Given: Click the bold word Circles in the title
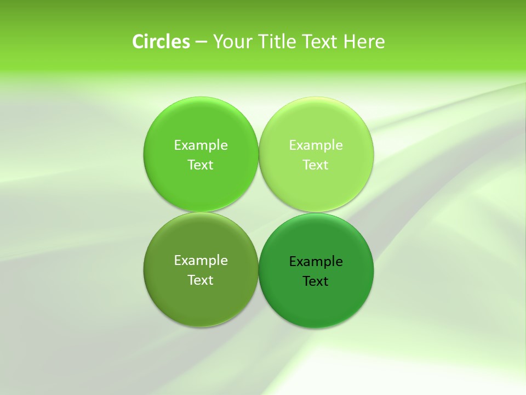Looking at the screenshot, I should click(161, 42).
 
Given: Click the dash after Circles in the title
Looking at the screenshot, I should click(201, 42).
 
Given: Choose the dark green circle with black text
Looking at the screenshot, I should click(316, 304).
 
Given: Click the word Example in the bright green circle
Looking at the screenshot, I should click(201, 145).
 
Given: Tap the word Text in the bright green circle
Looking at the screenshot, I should click(201, 165).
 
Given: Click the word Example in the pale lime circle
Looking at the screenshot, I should click(316, 145).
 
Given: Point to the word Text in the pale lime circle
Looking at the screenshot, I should click(316, 165).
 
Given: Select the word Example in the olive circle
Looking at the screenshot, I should click(201, 261).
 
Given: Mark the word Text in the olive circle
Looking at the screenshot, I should click(201, 280).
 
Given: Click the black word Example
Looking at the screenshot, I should click(316, 262).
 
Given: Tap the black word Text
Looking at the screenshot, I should click(316, 281).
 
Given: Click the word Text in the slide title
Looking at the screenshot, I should click(321, 42).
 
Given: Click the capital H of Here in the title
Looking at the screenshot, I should click(350, 42).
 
